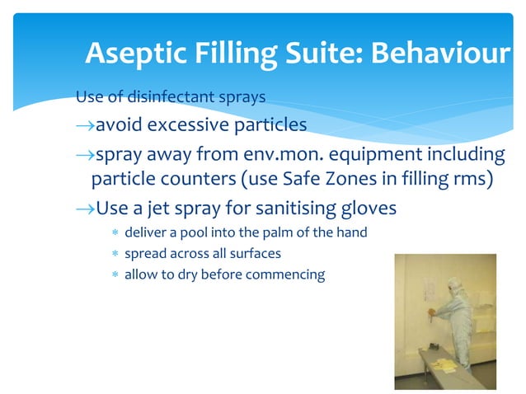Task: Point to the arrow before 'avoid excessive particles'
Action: pos(84,125)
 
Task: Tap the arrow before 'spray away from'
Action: pos(84,154)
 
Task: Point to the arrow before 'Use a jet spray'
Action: pos(84,208)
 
